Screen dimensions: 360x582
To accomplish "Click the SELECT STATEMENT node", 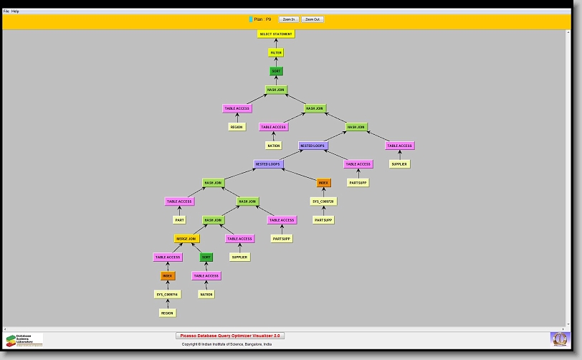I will click(276, 34).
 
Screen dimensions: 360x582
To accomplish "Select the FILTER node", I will click(276, 53).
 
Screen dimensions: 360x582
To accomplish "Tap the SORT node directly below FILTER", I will click(276, 71).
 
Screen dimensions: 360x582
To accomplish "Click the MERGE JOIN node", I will click(186, 239).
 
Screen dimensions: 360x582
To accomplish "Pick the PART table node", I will click(179, 220).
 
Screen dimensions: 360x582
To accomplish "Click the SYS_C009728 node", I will click(323, 202).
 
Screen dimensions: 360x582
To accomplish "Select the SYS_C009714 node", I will click(167, 295).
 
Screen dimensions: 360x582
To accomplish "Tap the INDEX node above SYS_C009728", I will click(324, 183).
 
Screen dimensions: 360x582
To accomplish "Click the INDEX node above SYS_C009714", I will click(167, 275).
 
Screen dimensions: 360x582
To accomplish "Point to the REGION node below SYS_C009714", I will click(167, 313).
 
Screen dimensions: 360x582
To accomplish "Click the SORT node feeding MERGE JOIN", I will click(206, 257).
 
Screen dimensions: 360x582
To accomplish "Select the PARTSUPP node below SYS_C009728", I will click(323, 220).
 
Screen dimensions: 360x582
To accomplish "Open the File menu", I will click(6, 11).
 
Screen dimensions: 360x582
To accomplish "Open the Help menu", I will click(16, 11).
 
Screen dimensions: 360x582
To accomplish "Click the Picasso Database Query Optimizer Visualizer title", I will click(230, 336).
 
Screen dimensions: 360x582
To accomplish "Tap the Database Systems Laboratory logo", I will click(24, 340).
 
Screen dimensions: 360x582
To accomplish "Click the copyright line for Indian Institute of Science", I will click(226, 344).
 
